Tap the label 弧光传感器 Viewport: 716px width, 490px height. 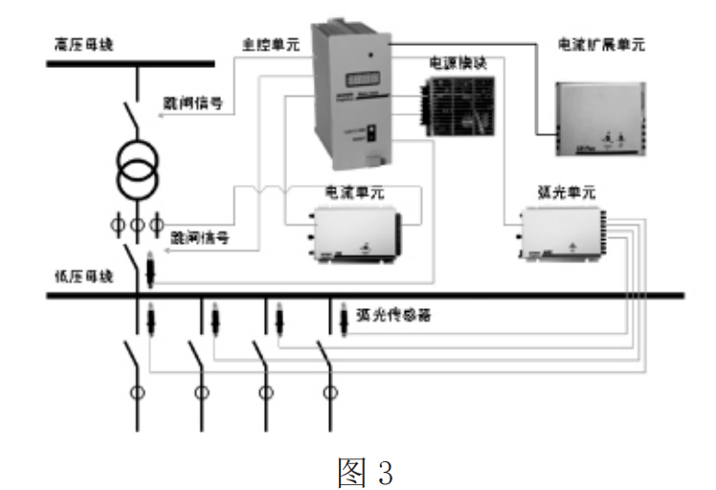(386, 313)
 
